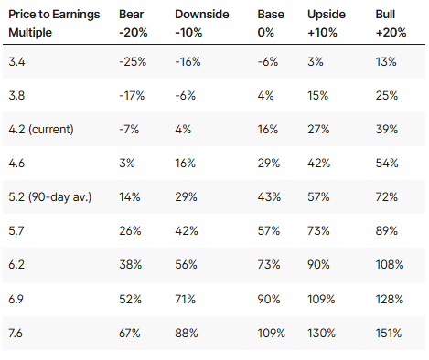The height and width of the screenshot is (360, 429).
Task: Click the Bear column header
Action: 134,23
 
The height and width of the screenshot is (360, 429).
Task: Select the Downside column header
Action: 202,23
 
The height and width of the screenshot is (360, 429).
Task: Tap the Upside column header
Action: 327,23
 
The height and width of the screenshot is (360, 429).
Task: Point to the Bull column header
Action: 391,23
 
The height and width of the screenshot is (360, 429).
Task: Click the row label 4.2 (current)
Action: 41,130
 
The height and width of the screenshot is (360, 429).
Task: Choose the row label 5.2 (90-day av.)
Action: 50,197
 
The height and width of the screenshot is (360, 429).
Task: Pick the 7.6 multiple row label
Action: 16,333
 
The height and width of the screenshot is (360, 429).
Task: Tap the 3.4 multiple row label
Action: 16,62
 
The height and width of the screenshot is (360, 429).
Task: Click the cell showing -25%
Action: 133,62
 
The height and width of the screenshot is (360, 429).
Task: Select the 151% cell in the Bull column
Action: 389,333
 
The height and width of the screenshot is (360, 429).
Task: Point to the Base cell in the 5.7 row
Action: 269,230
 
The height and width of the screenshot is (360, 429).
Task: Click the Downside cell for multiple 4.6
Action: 185,164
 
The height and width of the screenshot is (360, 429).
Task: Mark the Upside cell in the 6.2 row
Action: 318,264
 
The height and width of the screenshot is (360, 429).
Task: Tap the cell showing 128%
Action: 390,299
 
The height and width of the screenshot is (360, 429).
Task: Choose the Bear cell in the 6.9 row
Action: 130,299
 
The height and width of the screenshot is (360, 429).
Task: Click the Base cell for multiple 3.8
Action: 265,96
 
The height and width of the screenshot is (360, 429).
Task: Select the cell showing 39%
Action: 387,130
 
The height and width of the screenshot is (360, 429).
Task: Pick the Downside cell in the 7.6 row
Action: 187,333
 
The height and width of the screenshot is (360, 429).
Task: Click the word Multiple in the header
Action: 30,32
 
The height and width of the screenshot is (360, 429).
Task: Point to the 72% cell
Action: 387,197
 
